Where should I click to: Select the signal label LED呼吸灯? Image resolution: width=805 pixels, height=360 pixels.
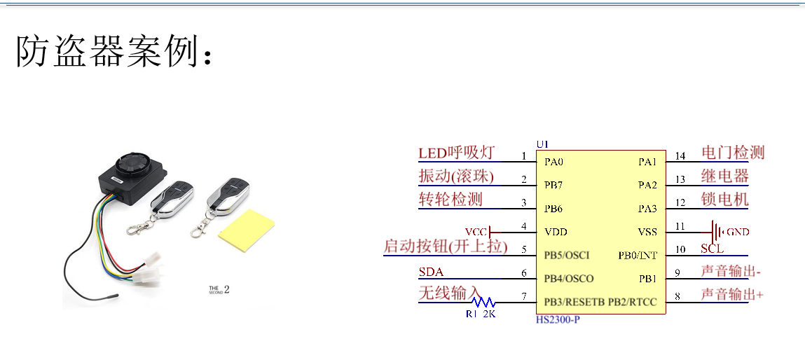(456, 153)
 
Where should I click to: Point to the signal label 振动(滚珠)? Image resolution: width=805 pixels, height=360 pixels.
(456, 176)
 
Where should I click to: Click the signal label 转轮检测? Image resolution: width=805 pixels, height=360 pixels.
(450, 200)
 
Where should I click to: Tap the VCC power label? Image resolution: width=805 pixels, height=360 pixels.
(476, 232)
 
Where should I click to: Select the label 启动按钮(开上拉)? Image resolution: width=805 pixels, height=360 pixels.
(445, 247)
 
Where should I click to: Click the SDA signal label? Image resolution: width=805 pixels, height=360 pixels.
(431, 272)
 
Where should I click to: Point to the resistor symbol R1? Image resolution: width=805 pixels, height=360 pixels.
(483, 303)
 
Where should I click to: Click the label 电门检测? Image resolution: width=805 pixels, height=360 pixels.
(733, 152)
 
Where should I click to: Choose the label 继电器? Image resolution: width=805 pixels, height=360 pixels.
(724, 176)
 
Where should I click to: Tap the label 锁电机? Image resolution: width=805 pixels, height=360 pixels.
(724, 200)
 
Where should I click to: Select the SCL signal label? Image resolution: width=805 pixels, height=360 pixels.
(712, 249)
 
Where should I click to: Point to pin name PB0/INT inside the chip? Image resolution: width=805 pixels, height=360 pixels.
(637, 255)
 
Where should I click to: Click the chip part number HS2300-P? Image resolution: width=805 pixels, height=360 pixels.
(558, 320)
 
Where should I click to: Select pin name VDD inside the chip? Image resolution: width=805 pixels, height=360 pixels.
(556, 232)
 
